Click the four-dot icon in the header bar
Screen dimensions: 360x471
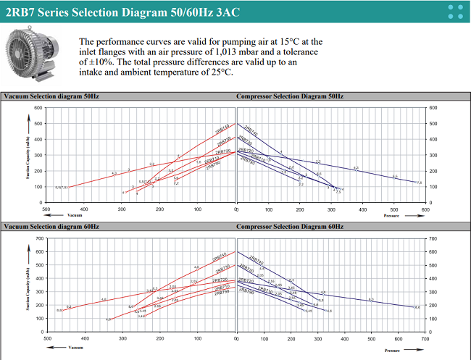(x=456, y=11)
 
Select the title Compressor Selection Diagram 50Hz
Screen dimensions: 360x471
(x=289, y=96)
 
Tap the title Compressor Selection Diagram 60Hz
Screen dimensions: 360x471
(x=289, y=226)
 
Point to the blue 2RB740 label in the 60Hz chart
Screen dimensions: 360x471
(x=257, y=259)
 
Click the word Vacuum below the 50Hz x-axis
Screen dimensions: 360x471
(x=75, y=216)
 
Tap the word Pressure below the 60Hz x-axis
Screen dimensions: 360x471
(x=392, y=347)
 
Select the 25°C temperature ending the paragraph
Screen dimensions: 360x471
(x=220, y=72)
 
